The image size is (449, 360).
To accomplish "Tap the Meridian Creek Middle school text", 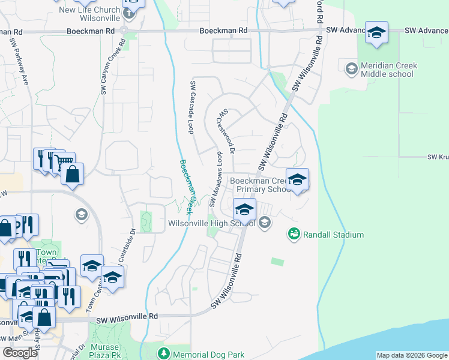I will tap(387, 70).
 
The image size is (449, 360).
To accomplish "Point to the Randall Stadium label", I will tap(333, 235).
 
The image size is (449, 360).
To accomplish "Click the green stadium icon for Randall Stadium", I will tap(294, 234).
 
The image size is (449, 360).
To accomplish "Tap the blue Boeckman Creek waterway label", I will tap(188, 187).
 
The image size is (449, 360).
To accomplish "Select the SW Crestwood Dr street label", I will tap(227, 131).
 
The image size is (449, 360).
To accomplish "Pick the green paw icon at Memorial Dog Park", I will tap(163, 352).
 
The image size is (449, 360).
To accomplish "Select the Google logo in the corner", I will tap(20, 353).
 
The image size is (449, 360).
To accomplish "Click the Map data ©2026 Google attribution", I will tap(411, 355).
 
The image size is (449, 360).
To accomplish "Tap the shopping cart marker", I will tap(64, 162).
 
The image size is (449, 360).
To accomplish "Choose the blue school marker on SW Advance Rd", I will tap(376, 32).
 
